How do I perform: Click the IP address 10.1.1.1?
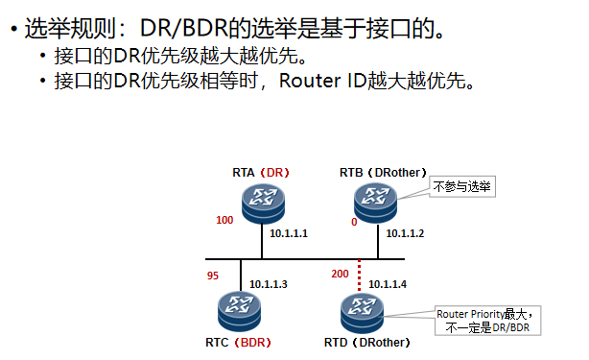click(289, 233)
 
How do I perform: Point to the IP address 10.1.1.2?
click(405, 233)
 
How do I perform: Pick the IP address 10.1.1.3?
click(269, 283)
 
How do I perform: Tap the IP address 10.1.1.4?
click(389, 284)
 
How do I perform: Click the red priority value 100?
click(224, 220)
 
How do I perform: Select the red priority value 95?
click(213, 276)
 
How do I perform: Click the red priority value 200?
click(339, 275)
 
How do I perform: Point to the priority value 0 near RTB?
click(354, 222)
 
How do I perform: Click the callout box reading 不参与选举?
click(462, 185)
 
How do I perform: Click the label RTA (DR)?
click(260, 172)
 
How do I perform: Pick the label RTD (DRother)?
click(368, 342)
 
